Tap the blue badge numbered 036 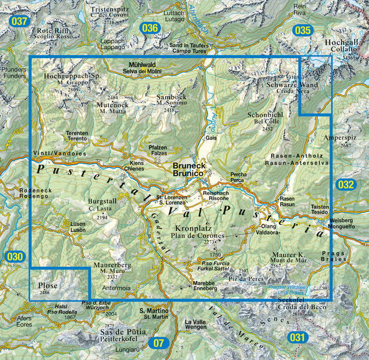click(x=149, y=28)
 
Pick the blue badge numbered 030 click(x=15, y=257)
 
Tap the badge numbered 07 click(x=158, y=343)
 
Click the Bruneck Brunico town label click(x=188, y=170)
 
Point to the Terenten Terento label click(x=77, y=136)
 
